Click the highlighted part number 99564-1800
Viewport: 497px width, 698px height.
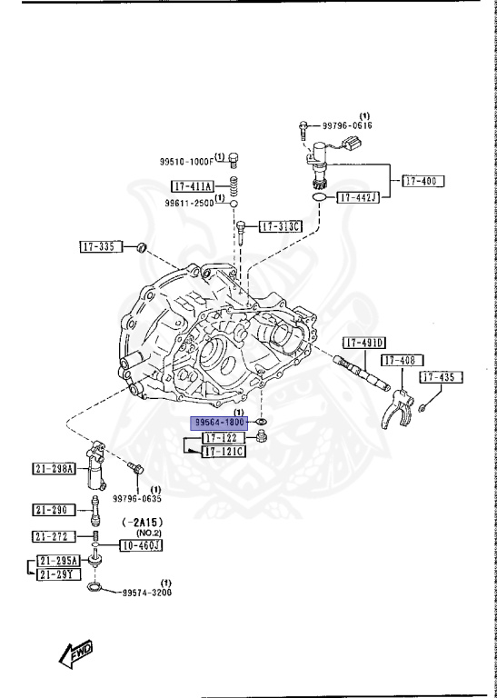coord(218,423)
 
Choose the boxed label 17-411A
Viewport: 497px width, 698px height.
coord(191,187)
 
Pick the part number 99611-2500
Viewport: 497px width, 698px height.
coord(189,203)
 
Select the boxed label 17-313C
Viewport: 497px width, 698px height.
coord(281,226)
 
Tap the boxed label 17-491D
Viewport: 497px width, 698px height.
coord(364,343)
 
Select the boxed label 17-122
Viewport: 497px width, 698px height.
coord(218,438)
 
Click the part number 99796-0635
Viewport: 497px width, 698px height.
coord(136,498)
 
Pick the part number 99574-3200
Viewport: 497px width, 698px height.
coord(146,592)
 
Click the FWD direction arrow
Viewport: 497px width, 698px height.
coord(75,651)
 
